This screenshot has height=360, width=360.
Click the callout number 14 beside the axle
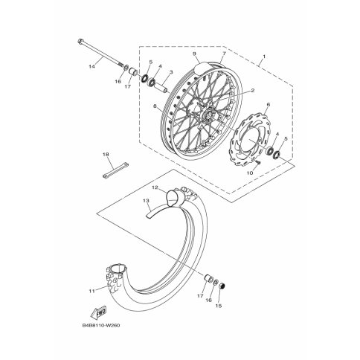[92, 66]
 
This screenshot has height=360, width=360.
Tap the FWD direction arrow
[98, 312]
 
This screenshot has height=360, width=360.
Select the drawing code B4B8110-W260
[101, 325]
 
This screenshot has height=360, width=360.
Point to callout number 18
[106, 155]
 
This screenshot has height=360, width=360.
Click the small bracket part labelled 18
[115, 170]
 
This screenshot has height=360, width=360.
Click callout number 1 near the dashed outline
[264, 57]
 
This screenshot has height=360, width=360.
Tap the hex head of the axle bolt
[80, 41]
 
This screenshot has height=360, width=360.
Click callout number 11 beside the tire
[92, 291]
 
